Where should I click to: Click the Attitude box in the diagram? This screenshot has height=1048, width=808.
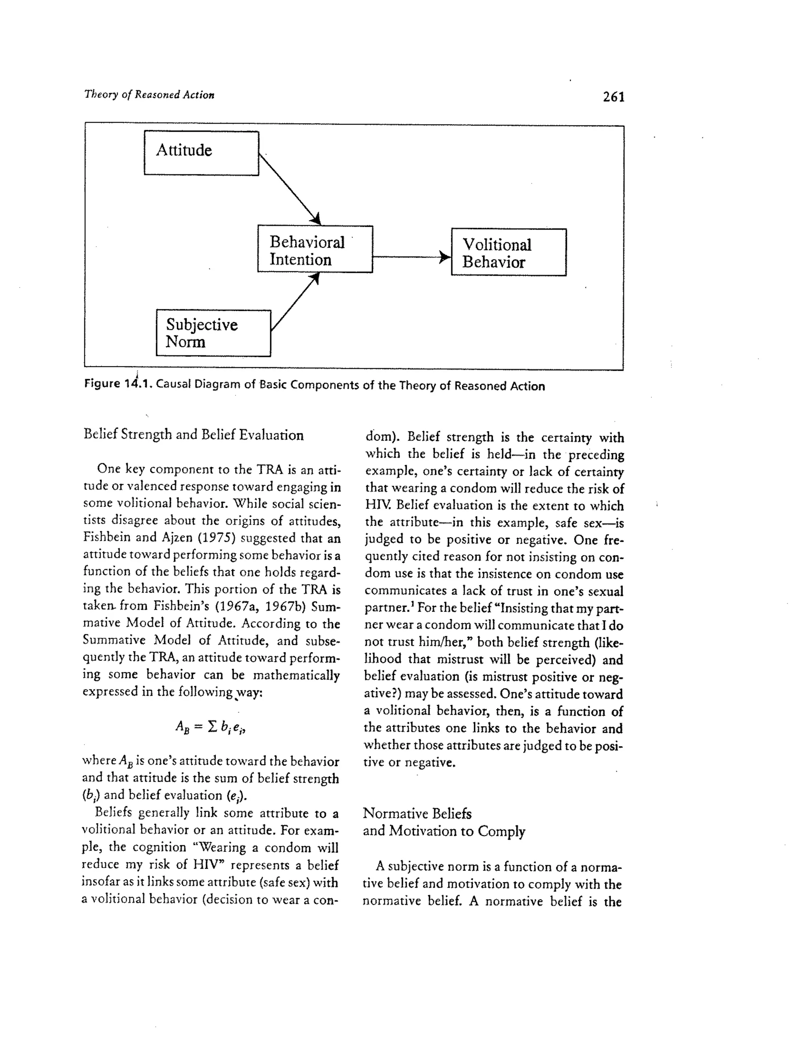coord(201,153)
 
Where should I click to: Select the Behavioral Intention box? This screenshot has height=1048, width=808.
coord(315,249)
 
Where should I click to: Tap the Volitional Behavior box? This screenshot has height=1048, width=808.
coord(509,252)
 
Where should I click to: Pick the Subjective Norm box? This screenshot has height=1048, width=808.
coord(213,333)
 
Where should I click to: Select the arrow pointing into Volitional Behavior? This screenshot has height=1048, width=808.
coord(411,257)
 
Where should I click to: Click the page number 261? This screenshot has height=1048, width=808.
coord(613,97)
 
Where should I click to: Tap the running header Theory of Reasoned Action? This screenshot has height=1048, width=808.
coord(149,95)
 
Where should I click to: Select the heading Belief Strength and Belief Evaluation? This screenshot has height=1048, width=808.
coord(193,435)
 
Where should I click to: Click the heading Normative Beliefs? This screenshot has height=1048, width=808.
coord(417,814)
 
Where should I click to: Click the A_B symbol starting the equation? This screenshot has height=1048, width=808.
coord(183,728)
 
